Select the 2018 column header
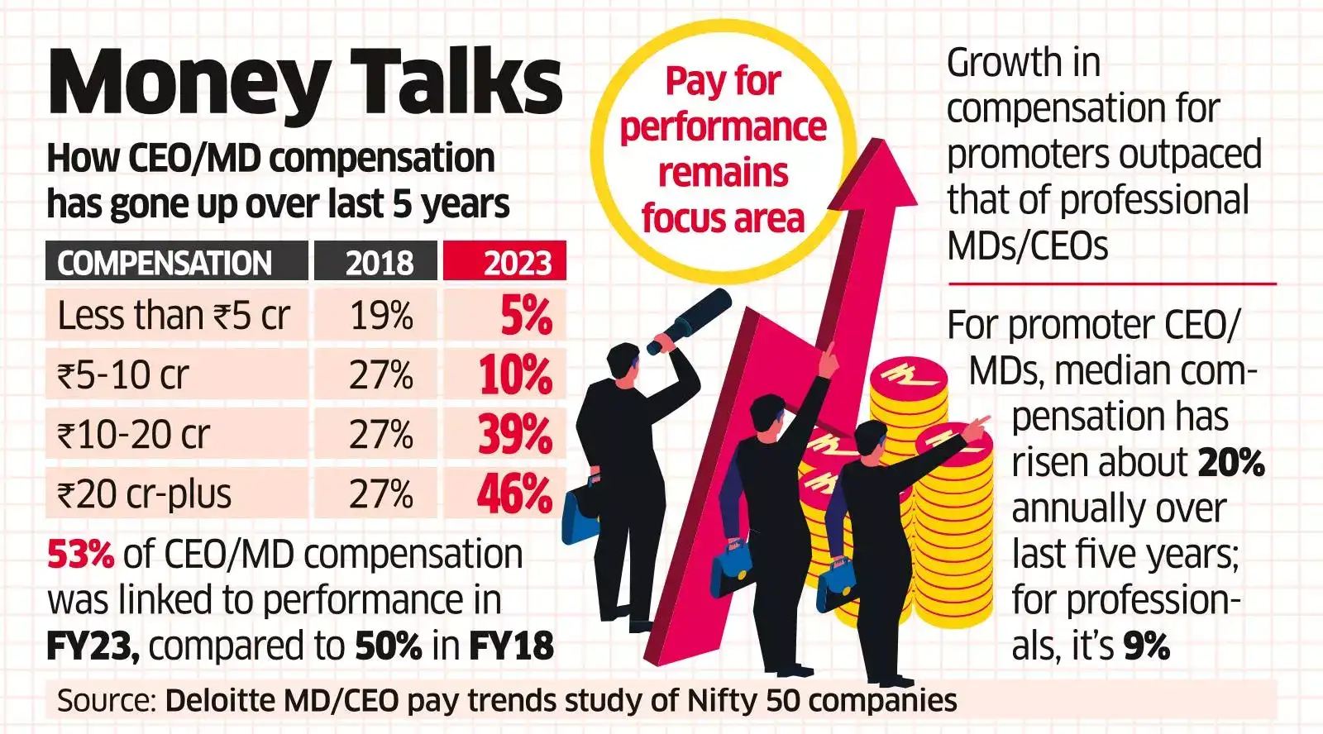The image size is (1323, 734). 380,263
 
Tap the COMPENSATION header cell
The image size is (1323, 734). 165,263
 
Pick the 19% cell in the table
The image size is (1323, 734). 381,316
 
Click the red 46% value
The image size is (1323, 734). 514,494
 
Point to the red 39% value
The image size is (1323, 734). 514,435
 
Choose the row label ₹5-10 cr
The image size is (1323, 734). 122,375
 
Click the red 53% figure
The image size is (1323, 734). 80,555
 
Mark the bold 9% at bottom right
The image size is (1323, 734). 1146,646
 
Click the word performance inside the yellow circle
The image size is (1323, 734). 723,127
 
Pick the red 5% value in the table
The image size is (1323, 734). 526,316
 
